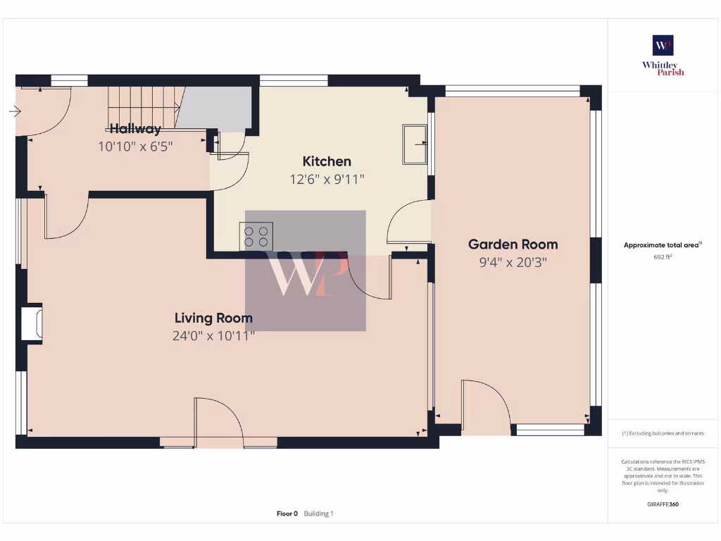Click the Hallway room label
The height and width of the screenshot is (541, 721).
[x=135, y=129]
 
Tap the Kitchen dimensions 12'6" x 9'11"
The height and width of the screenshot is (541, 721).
[x=327, y=180]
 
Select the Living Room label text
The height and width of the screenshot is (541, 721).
[x=213, y=318]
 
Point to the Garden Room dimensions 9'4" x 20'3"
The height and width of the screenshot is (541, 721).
[x=513, y=263]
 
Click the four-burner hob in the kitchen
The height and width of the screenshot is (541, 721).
[x=257, y=236]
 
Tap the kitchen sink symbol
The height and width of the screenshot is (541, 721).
[x=415, y=144]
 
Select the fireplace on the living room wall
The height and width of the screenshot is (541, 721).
[x=32, y=323]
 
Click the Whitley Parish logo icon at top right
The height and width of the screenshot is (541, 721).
[x=663, y=45]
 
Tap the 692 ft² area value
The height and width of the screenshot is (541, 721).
[x=663, y=257]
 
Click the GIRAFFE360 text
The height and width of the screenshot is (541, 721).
[x=663, y=504]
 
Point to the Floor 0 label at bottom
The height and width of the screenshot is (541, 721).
[x=287, y=514]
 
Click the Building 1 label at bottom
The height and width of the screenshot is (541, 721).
[x=319, y=514]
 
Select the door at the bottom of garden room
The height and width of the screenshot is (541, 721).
[x=485, y=406]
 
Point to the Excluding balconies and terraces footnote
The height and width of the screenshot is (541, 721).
[x=663, y=433]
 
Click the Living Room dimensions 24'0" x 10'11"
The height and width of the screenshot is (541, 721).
[x=213, y=336]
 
